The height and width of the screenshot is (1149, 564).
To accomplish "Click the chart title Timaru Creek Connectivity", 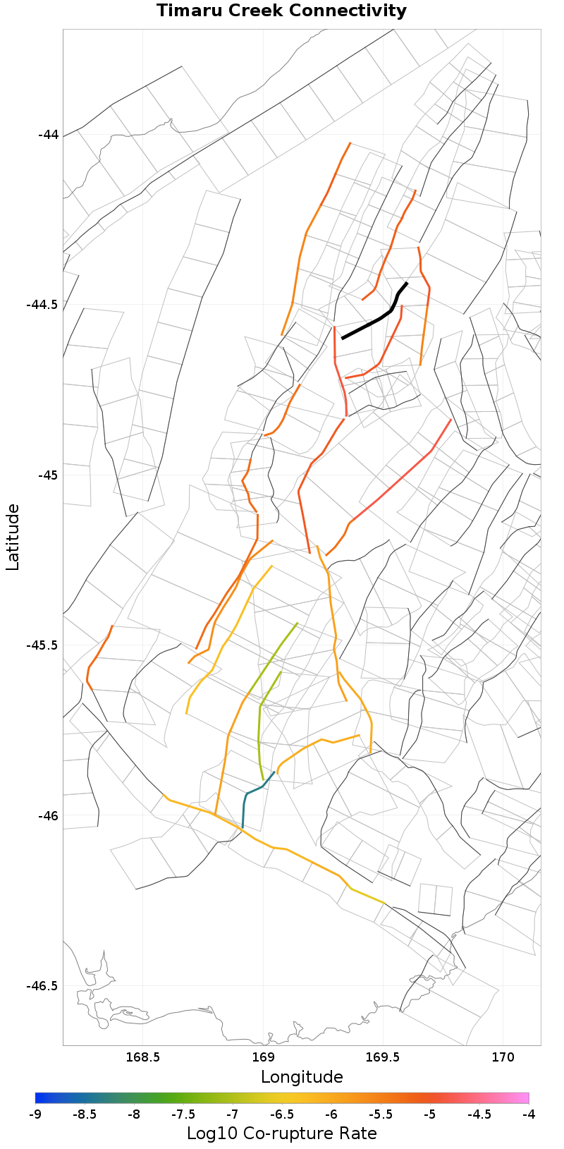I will point(281,11).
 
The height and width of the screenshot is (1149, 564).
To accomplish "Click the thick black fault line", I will point(374,321).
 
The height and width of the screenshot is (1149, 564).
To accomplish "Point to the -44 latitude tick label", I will point(48,134).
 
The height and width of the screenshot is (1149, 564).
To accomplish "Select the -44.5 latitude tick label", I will point(42,305).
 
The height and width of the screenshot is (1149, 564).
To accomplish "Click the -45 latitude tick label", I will point(48,475).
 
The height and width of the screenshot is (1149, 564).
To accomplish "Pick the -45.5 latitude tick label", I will point(42,645).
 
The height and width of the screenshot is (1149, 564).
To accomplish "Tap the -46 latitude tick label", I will point(48,815).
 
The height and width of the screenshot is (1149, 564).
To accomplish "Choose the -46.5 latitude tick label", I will point(42,986).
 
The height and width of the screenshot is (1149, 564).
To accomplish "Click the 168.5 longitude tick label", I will point(142,1058).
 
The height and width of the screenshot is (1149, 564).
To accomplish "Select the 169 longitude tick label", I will point(263,1058).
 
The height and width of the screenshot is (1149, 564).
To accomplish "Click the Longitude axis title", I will point(302,1077).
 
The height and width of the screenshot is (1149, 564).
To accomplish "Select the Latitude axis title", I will point(13,537).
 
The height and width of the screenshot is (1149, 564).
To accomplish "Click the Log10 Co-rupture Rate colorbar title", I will point(281,1133).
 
